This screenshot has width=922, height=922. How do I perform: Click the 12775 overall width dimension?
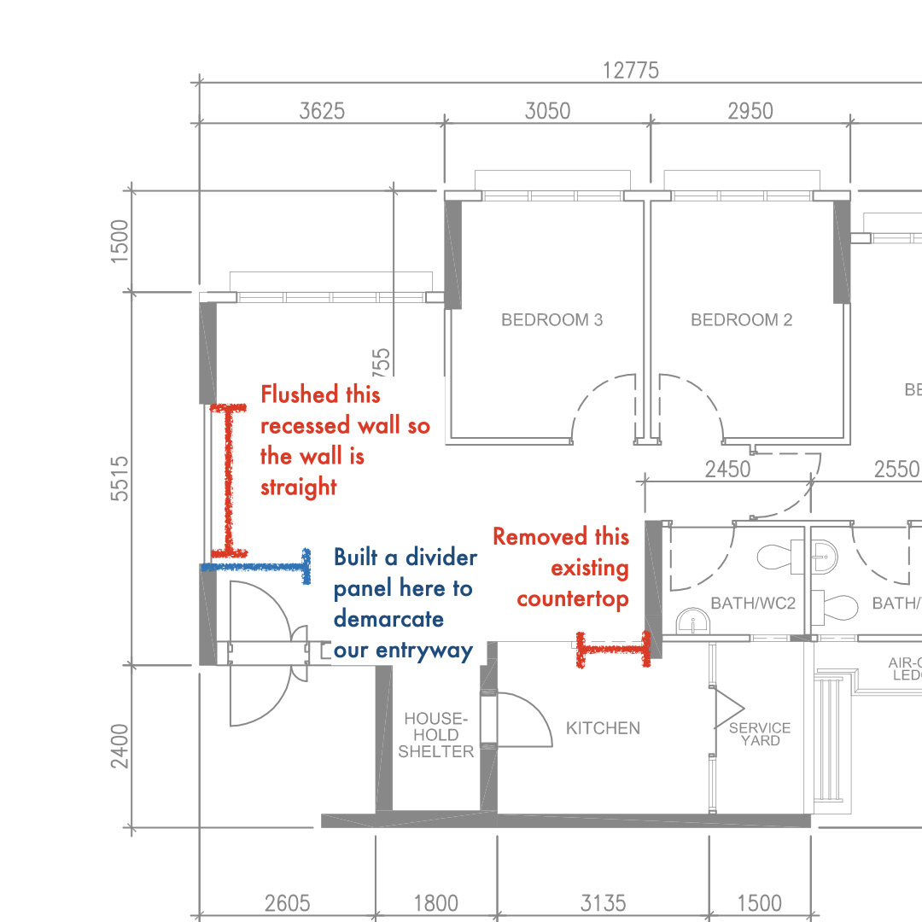(631, 70)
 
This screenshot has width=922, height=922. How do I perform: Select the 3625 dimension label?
(322, 111)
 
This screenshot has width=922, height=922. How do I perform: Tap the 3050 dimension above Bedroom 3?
(547, 111)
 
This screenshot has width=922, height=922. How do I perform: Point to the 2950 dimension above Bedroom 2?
(750, 111)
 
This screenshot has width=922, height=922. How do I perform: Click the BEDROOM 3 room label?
(551, 320)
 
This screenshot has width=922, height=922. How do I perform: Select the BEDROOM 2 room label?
(741, 320)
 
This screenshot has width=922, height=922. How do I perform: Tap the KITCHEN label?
(603, 728)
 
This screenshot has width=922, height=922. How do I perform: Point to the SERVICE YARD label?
(760, 734)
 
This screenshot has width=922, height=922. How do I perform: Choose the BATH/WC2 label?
(753, 604)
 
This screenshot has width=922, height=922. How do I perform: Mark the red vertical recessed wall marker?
(229, 478)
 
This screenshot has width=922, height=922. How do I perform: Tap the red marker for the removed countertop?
(612, 650)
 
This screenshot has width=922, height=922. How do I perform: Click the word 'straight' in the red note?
(299, 487)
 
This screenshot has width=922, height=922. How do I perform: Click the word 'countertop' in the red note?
(572, 599)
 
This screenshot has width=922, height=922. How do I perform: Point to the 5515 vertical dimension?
(120, 478)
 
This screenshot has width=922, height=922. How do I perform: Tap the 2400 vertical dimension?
(120, 745)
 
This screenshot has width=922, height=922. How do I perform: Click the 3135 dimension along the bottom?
(603, 902)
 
